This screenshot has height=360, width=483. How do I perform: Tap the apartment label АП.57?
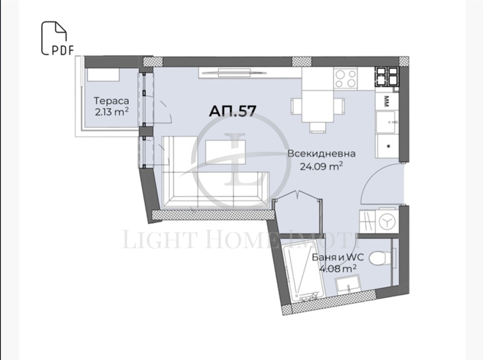click(x=233, y=111)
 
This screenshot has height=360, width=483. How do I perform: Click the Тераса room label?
click(x=111, y=101)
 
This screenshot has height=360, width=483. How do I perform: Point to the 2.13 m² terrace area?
click(x=111, y=111)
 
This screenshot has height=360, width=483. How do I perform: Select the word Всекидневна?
click(x=321, y=153)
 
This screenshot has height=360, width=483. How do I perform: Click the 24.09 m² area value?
click(x=321, y=166)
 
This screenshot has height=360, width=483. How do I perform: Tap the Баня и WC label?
click(x=337, y=257)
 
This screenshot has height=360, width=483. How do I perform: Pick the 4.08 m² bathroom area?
click(x=337, y=268)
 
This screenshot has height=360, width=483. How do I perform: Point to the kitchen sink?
click(x=387, y=122)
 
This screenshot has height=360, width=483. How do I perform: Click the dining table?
click(x=318, y=106)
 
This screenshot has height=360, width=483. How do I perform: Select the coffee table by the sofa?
click(x=226, y=152)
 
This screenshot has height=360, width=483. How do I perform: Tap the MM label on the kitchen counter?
click(x=386, y=101)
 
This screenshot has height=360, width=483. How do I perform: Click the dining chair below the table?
click(x=318, y=128)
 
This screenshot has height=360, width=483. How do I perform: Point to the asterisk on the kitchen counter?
click(x=388, y=146)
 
